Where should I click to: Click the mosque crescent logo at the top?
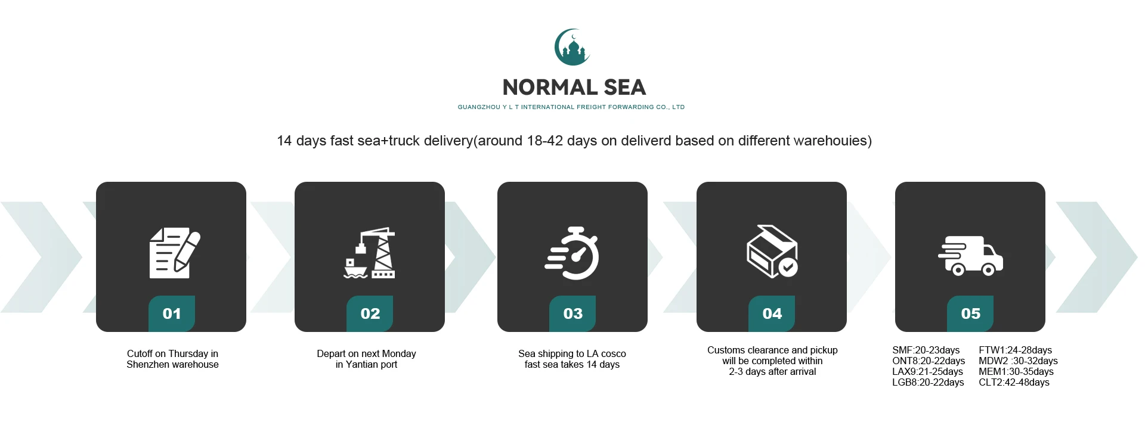pyautogui.click(x=572, y=47)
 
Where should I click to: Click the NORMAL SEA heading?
pyautogui.click(x=574, y=88)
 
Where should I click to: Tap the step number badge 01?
pyautogui.click(x=172, y=313)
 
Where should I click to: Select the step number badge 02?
pyautogui.click(x=370, y=313)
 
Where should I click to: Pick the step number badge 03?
pyautogui.click(x=572, y=313)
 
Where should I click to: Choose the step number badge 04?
pyautogui.click(x=772, y=313)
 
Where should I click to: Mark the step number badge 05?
pyautogui.click(x=970, y=313)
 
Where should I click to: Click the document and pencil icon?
pyautogui.click(x=175, y=253)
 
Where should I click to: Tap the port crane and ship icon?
pyautogui.click(x=370, y=253)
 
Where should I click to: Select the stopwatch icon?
pyautogui.click(x=572, y=253)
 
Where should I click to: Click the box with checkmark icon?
pyautogui.click(x=772, y=251)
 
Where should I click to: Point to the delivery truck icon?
pyautogui.click(x=970, y=256)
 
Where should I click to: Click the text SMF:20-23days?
pyautogui.click(x=926, y=350)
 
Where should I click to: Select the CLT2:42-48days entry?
pyautogui.click(x=1014, y=383)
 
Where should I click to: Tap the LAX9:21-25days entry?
pyautogui.click(x=927, y=372)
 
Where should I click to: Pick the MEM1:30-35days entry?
pyautogui.click(x=1016, y=372)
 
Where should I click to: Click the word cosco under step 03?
pyautogui.click(x=614, y=354)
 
